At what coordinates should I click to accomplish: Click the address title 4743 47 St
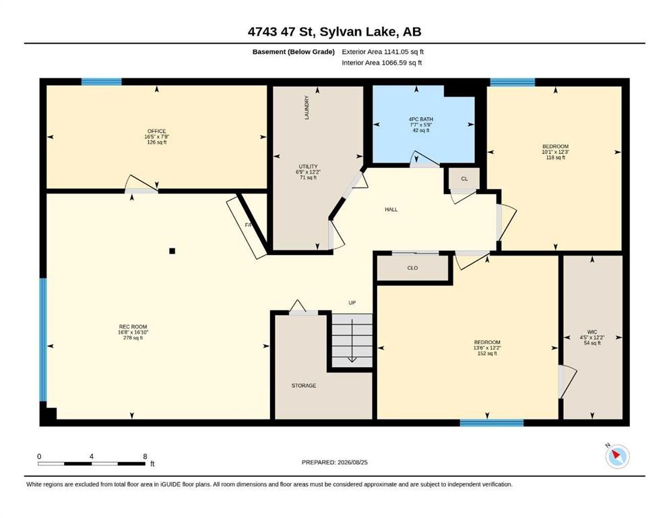point(281,32)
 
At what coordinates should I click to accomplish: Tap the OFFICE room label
point(156,131)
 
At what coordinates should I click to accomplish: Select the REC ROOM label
point(133,326)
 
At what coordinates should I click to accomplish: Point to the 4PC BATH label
point(420,119)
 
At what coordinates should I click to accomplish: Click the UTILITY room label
point(308,167)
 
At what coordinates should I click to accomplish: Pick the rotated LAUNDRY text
point(307,107)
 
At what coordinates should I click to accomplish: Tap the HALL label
point(391,210)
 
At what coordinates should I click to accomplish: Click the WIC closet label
point(592,332)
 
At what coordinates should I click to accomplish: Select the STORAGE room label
point(304,386)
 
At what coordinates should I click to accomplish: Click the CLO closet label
point(412,268)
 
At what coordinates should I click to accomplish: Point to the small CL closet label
point(464,179)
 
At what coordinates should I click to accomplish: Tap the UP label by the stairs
point(352,303)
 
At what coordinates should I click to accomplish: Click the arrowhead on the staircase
point(352,359)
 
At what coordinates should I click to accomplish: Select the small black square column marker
point(172,251)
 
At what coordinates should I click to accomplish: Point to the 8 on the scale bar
point(145,457)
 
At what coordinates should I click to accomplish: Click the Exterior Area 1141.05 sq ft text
point(383,52)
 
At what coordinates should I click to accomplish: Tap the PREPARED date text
point(334,462)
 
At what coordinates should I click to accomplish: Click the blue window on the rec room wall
point(42,340)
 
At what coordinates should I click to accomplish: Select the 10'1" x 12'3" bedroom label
point(556,152)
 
